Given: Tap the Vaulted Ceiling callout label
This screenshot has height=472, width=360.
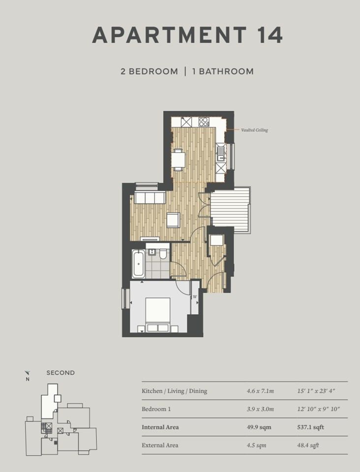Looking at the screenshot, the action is pos(254,130).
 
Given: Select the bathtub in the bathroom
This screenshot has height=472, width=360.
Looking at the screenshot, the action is pos(139,264).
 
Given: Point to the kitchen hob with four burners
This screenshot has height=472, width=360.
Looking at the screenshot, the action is pos(204,122).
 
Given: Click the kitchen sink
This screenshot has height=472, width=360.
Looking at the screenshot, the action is pos(221,153).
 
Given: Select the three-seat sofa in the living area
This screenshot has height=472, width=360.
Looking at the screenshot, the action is pos(150,197).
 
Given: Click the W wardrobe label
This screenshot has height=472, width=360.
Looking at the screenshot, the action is pos(195,297).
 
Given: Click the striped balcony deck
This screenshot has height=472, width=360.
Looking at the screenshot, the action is pos(230,210).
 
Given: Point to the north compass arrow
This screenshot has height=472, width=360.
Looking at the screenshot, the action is pos(27,373).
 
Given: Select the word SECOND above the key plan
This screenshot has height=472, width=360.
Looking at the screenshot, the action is pos(60,373).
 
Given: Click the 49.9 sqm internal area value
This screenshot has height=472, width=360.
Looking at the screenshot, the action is pos(259,427).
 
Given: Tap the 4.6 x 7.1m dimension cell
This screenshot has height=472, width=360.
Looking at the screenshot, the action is pos(260,391).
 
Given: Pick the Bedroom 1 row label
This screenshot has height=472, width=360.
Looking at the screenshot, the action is pos(156,409).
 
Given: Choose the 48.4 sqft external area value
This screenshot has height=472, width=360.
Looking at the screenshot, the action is pos(308,445).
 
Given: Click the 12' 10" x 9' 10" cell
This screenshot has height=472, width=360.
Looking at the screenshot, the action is pos(319,409).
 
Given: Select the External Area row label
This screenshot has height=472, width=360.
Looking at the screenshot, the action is pos(160,445).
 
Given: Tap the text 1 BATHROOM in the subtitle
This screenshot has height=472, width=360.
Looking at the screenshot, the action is pos(223,71).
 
